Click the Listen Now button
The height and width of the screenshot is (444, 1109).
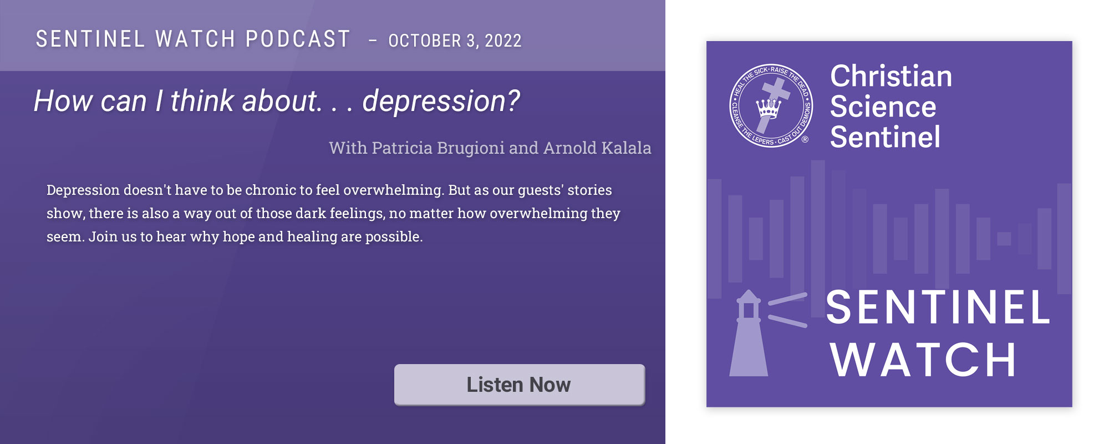coord(520,385)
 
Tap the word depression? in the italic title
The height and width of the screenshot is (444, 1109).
coord(441,102)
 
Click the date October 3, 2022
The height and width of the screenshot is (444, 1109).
coord(455,41)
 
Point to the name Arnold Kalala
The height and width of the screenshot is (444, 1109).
coord(597,148)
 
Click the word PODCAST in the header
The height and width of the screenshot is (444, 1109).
coord(298,39)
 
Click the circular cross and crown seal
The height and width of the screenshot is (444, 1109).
coord(771,105)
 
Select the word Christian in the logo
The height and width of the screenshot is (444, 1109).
coord(891,76)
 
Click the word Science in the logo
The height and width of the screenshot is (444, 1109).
coord(883,107)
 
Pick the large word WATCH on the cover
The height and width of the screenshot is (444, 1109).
coord(923,360)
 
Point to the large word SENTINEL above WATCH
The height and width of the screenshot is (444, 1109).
coord(938,307)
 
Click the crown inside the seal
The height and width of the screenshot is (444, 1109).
coord(769,108)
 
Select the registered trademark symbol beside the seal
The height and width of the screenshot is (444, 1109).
coord(805,139)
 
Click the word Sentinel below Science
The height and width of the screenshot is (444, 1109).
coord(886,137)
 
